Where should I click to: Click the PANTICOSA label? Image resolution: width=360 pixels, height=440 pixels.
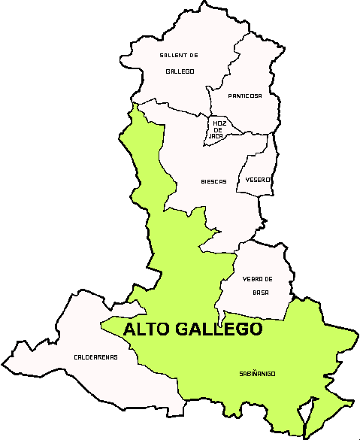coord(245,96)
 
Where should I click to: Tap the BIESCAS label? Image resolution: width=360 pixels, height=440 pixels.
coord(213,181)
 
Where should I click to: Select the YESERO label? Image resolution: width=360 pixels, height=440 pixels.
coord(258,180)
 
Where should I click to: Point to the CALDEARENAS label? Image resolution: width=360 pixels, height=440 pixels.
coord(95,357)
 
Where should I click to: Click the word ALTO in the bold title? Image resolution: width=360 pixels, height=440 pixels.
coord(147,329)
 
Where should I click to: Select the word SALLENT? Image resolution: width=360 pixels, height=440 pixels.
coord(171,56)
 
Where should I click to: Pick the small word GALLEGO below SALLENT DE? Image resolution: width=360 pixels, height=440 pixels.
coord(180,71)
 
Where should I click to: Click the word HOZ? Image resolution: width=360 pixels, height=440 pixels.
coord(219,123)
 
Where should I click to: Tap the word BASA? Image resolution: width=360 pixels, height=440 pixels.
coord(260,292)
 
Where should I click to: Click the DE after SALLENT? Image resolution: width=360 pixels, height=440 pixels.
coord(192,56)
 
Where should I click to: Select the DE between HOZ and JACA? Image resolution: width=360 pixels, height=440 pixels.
coord(219,129)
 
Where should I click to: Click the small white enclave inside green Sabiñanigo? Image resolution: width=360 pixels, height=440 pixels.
coord(305,414)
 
